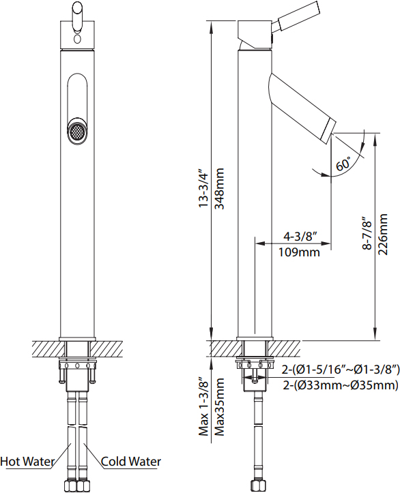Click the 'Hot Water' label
(27, 462)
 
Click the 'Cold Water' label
(131, 462)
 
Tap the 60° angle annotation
(343, 163)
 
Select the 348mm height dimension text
(219, 188)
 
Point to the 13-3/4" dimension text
(204, 189)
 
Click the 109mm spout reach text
(299, 252)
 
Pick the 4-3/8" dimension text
(300, 236)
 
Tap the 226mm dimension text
(383, 235)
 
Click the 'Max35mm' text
(219, 407)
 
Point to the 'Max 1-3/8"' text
(204, 404)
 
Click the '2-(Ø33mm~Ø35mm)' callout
(341, 385)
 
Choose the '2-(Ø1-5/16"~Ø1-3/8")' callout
(341, 370)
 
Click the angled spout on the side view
(302, 104)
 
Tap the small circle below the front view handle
(76, 40)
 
